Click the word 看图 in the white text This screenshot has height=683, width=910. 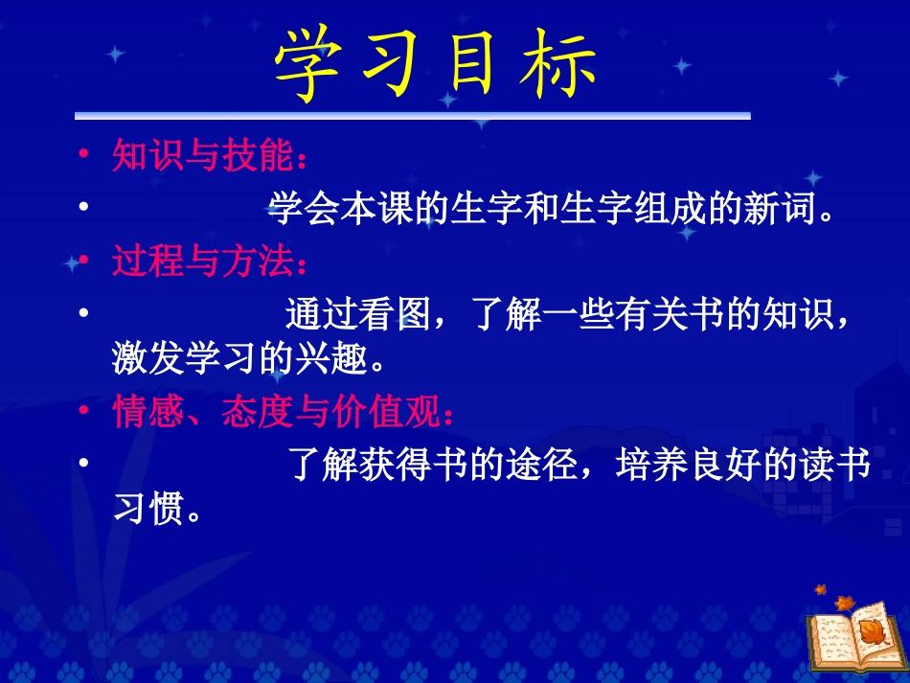tap(395, 312)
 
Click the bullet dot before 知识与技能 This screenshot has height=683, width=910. tap(84, 154)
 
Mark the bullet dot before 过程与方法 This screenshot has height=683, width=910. tap(84, 261)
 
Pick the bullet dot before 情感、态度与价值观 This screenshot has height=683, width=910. tap(84, 413)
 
